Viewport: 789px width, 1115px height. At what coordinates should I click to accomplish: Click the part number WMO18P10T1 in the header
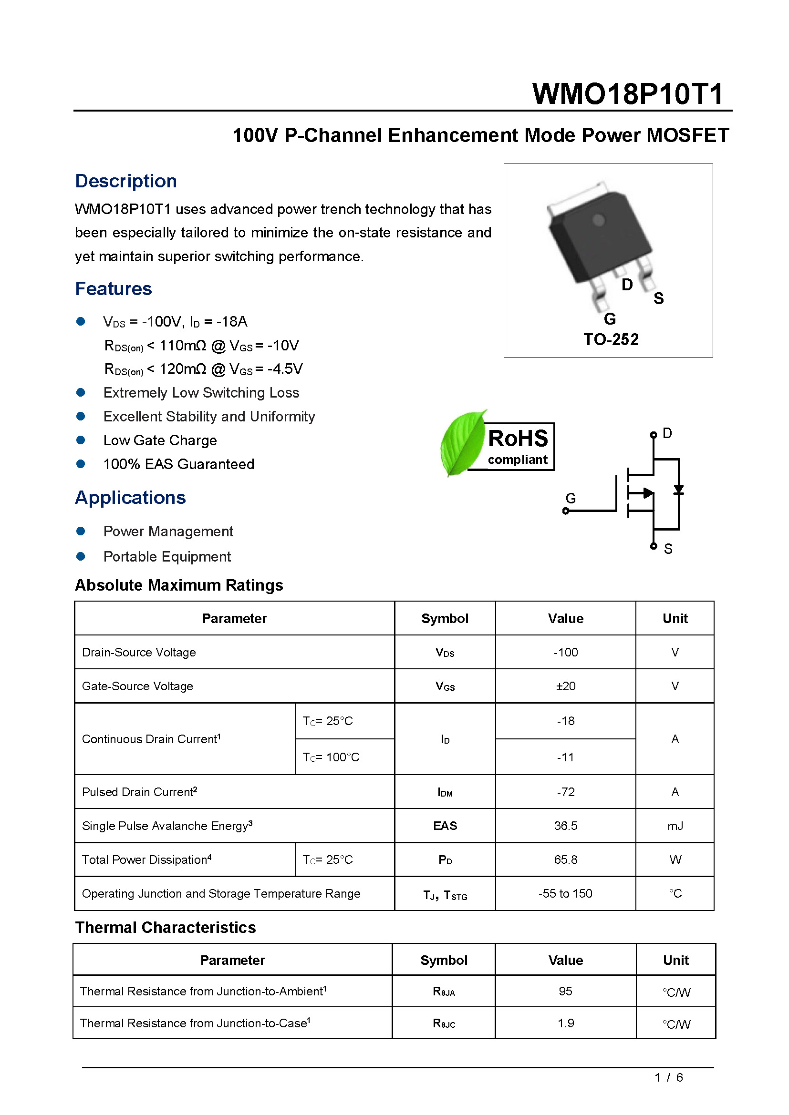pyautogui.click(x=628, y=94)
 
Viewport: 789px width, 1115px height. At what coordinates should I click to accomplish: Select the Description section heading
pyautogui.click(x=126, y=181)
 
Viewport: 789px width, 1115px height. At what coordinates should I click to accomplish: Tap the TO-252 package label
pyautogui.click(x=611, y=339)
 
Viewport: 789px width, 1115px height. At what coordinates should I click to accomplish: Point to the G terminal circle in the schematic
pyautogui.click(x=566, y=511)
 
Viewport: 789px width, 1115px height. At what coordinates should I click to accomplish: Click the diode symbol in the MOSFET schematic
pyautogui.click(x=679, y=490)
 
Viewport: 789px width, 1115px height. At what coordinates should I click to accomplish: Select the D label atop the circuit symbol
pyautogui.click(x=667, y=433)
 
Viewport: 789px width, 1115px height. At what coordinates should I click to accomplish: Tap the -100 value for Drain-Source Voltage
pyautogui.click(x=566, y=652)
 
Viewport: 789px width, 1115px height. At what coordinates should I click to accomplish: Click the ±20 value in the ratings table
pyautogui.click(x=566, y=686)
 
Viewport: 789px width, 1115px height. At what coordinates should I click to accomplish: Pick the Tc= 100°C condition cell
pyautogui.click(x=331, y=757)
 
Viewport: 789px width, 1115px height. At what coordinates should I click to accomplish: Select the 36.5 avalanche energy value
pyautogui.click(x=566, y=826)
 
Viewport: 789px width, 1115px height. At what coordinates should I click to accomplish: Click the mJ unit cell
pyautogui.click(x=675, y=826)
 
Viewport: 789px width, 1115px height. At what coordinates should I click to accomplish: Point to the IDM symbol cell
pyautogui.click(x=445, y=792)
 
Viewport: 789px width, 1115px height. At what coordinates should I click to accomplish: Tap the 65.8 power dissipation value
pyautogui.click(x=566, y=859)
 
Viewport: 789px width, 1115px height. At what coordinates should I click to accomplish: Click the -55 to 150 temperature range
pyautogui.click(x=566, y=893)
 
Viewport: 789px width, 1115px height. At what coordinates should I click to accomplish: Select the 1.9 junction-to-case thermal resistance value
pyautogui.click(x=566, y=1023)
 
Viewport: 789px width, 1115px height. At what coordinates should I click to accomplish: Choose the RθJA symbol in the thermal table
pyautogui.click(x=444, y=992)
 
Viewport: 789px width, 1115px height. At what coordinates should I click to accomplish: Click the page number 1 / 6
pyautogui.click(x=668, y=1078)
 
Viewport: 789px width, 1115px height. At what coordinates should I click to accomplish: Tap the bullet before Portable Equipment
pyautogui.click(x=81, y=556)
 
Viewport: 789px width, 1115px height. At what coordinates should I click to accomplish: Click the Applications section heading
pyautogui.click(x=130, y=498)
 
